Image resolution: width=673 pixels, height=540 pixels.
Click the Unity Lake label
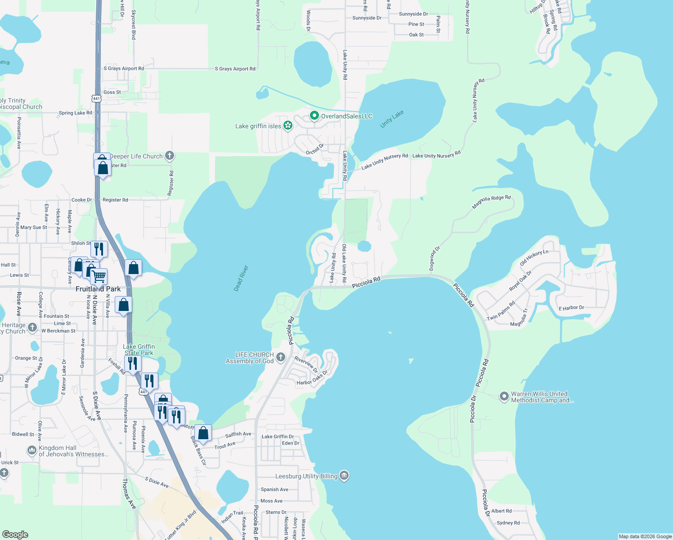(x=392, y=119)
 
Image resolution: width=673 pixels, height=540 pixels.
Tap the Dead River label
(x=241, y=278)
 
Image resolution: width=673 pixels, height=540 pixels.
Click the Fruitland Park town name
(x=98, y=289)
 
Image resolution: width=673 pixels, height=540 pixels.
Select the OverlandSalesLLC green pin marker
(x=314, y=116)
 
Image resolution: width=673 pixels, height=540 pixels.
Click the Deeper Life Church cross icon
(x=170, y=156)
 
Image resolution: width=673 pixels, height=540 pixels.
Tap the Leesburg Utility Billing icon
(x=344, y=476)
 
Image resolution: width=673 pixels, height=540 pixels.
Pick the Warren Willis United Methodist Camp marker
(x=504, y=397)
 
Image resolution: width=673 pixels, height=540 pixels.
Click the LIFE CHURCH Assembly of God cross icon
(x=281, y=358)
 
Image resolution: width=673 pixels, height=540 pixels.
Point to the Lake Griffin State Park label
(x=139, y=350)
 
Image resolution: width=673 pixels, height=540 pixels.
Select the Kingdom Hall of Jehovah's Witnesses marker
(x=32, y=450)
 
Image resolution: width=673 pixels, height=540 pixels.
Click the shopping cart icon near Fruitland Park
(x=99, y=275)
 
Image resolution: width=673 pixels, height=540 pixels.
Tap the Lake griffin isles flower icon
(x=288, y=126)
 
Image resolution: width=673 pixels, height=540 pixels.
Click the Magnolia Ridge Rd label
(x=491, y=202)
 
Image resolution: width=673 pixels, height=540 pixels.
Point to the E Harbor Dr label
(x=571, y=308)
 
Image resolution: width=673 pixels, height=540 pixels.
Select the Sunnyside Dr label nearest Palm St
(x=413, y=14)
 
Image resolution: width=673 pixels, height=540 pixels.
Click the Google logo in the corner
(x=15, y=535)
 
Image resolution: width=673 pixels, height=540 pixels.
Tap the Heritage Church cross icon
(x=32, y=328)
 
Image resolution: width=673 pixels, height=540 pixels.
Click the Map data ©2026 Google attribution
(x=645, y=536)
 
